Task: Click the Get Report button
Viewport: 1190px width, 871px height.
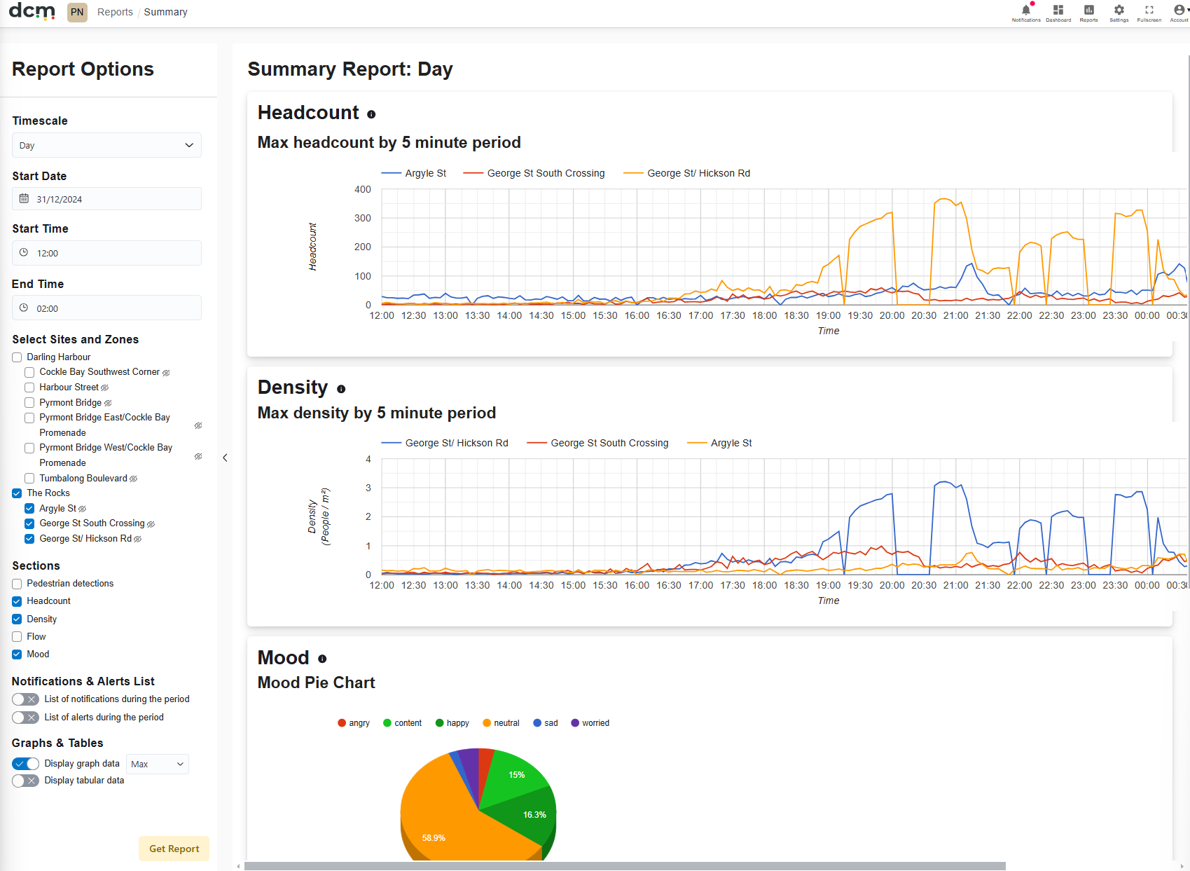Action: tap(174, 849)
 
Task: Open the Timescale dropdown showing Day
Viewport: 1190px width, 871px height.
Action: tap(106, 145)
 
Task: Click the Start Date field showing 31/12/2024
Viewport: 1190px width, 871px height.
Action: tap(106, 199)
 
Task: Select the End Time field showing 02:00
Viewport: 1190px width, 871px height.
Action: tap(106, 308)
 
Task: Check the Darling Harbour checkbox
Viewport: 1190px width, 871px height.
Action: tap(17, 357)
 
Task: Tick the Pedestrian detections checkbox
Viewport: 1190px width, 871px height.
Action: tap(17, 584)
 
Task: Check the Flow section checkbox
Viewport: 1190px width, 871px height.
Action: tap(17, 637)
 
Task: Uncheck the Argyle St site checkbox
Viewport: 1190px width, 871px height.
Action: tap(29, 509)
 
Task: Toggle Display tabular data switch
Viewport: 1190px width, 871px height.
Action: tap(25, 781)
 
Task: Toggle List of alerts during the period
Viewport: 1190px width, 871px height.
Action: tap(25, 718)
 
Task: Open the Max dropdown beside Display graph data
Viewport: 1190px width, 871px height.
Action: tap(158, 764)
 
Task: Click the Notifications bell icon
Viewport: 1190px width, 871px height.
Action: tap(1026, 10)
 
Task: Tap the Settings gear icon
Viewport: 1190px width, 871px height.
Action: tap(1119, 10)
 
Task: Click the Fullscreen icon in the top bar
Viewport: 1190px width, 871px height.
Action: tap(1149, 10)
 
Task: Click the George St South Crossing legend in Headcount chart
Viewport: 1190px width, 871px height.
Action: tap(534, 173)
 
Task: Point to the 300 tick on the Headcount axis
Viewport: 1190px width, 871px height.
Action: tap(362, 218)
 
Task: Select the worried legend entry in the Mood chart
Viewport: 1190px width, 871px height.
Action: tap(590, 723)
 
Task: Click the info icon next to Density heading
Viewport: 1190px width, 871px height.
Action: tap(341, 389)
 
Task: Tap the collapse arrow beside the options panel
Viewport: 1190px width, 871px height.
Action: tap(226, 458)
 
